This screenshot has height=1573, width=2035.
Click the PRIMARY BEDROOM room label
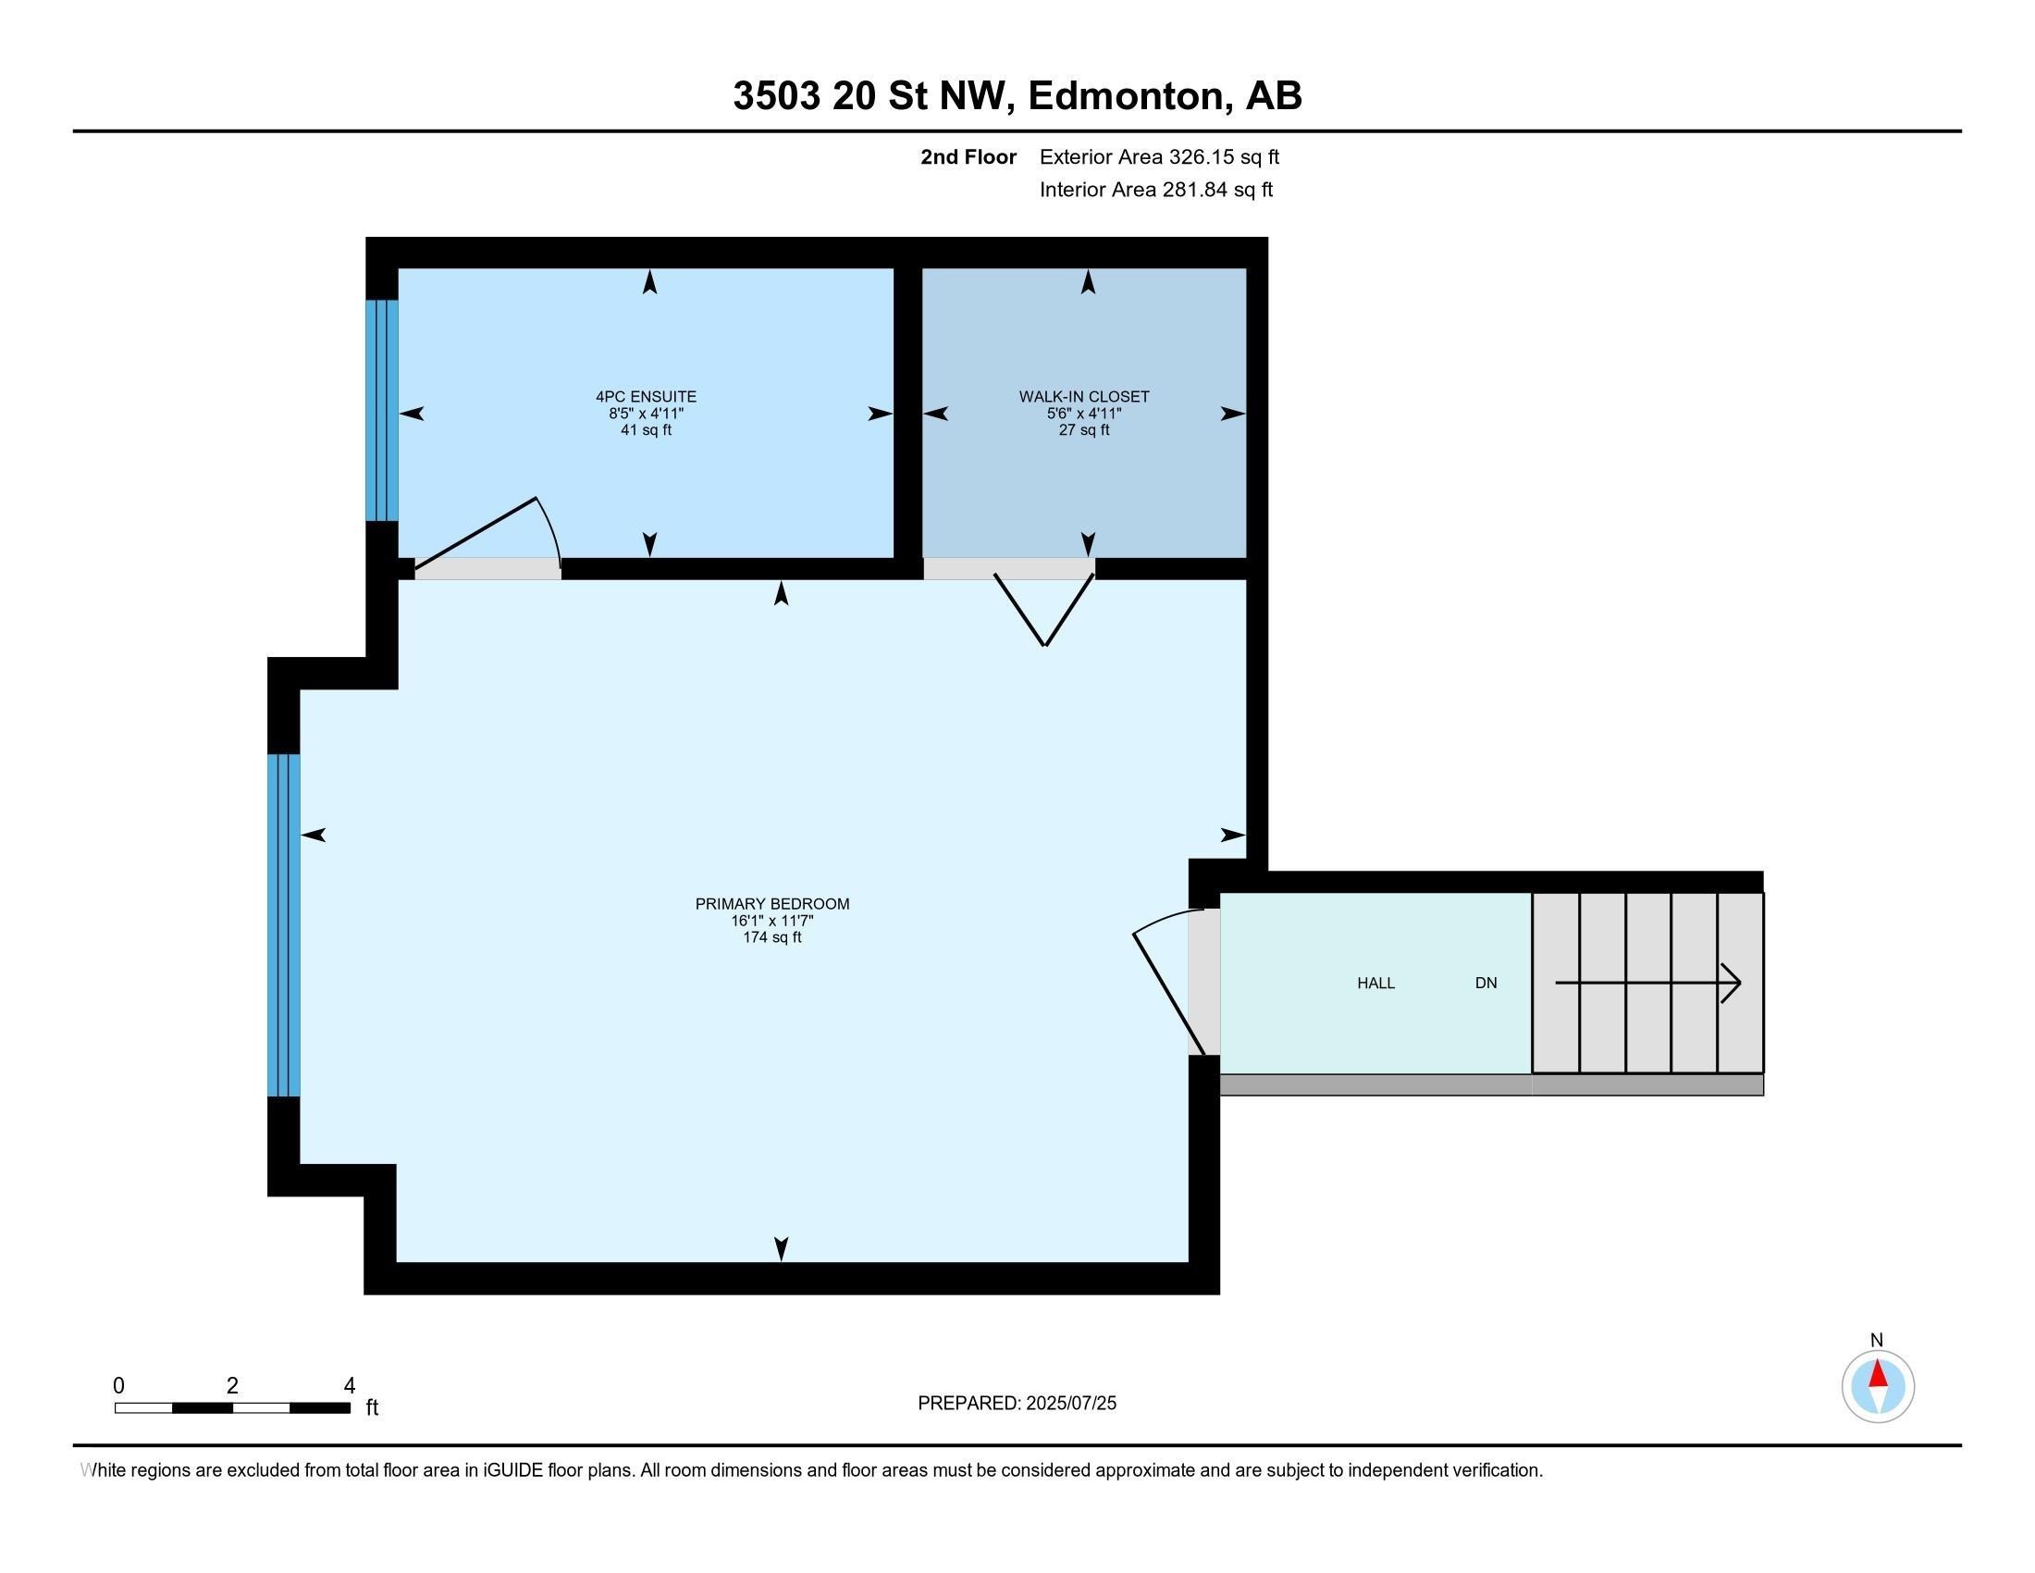click(771, 903)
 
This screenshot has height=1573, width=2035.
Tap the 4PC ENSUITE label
click(646, 396)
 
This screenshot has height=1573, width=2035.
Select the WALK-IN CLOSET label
click(1084, 396)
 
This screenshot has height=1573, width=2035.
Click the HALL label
click(1375, 983)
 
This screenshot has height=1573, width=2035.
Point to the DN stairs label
click(1486, 983)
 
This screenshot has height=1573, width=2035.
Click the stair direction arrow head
click(1733, 983)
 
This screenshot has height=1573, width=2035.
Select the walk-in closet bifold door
click(1044, 611)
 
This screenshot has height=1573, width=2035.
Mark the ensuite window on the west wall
click(381, 410)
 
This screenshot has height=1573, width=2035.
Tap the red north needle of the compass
click(1878, 1374)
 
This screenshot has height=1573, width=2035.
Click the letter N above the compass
click(1877, 1340)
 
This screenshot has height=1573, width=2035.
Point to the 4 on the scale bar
click(350, 1386)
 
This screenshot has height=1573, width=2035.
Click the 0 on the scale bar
click(118, 1386)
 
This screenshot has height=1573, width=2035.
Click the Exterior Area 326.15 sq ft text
click(1159, 157)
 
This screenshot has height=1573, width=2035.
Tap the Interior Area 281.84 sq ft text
click(1155, 190)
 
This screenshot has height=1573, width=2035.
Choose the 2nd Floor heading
click(968, 157)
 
